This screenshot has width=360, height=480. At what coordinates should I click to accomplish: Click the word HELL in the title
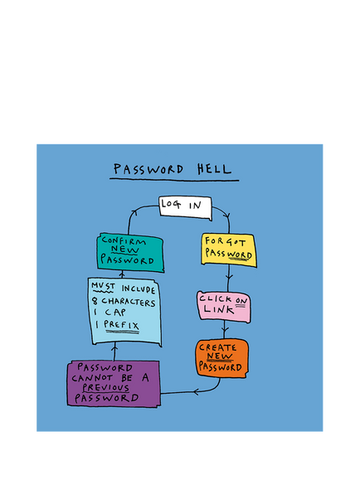214,168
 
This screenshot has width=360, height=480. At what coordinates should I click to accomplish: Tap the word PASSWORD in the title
148,169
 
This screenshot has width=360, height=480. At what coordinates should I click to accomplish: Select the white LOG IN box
185,208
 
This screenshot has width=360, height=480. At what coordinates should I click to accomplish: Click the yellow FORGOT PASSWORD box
229,250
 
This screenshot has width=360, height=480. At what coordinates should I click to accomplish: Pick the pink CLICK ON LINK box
224,307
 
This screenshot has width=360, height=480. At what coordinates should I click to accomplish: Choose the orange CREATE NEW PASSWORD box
222,358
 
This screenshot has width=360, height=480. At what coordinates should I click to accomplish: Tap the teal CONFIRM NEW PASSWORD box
130,253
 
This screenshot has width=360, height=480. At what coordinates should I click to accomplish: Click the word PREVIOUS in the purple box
105,387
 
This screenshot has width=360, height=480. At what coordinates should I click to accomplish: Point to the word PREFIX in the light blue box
121,324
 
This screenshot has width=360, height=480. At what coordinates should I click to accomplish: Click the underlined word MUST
103,286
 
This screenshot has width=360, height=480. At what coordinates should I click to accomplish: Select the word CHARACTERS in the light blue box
129,302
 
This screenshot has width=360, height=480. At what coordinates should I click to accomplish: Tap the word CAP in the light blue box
115,313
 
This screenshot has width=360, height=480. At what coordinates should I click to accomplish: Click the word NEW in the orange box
219,356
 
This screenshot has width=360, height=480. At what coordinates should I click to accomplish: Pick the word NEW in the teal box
125,250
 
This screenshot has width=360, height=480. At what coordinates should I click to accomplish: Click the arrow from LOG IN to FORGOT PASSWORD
226,216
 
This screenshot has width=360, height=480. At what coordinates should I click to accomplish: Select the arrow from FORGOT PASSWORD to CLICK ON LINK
229,279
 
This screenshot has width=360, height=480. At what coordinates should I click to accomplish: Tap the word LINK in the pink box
219,309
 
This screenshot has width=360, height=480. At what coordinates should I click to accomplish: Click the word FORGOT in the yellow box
225,241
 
